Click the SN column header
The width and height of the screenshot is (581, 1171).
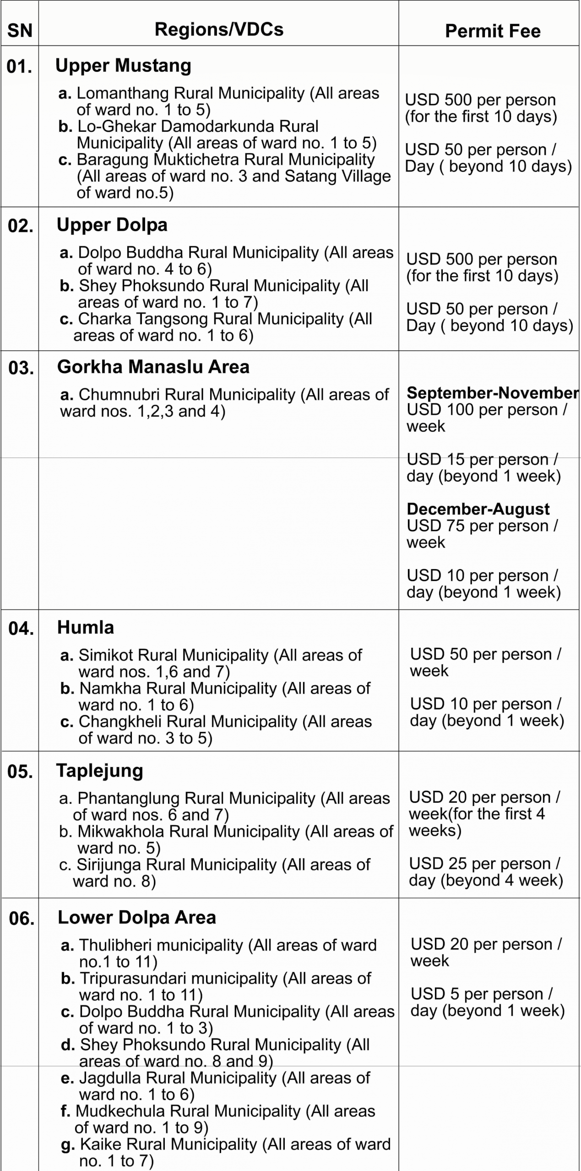point(20,31)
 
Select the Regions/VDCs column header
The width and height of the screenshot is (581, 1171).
point(219,29)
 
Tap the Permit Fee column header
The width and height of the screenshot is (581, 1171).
point(493,31)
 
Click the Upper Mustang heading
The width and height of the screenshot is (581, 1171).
point(123,65)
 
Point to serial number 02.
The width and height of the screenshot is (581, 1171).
point(21,226)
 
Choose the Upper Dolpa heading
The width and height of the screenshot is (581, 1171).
point(112,225)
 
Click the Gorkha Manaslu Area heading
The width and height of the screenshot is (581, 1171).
point(153,367)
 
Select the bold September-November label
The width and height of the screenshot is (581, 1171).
point(493,392)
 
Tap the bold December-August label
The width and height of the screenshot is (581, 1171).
point(478,509)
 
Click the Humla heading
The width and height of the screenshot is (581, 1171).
point(86,627)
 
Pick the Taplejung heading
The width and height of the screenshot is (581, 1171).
point(100,770)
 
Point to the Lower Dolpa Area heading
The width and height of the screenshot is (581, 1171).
point(137,917)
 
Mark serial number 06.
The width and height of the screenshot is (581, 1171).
point(22,918)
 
